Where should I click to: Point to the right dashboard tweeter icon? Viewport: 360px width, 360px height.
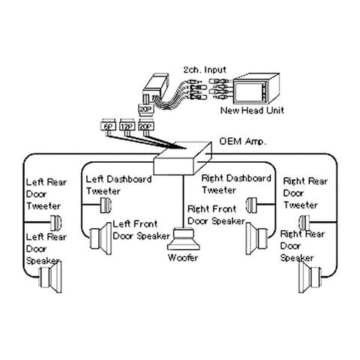point(253,202)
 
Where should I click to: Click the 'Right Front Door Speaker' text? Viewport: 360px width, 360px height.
point(218,215)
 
